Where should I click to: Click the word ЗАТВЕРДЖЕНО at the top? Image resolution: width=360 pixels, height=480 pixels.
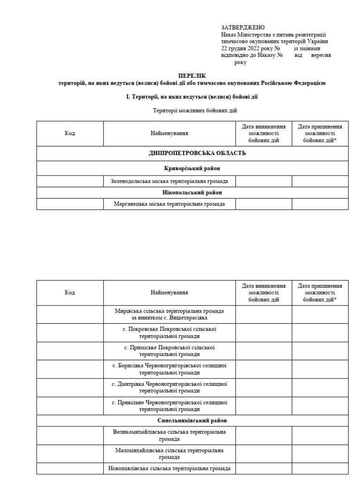[242, 28]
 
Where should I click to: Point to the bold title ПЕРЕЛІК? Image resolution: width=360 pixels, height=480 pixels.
[192, 75]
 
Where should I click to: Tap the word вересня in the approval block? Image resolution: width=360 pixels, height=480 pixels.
[321, 55]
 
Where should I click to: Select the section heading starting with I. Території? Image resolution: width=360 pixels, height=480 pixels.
[192, 97]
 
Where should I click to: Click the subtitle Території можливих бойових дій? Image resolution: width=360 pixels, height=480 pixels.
[195, 111]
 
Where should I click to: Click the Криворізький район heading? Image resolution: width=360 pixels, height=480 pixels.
[193, 168]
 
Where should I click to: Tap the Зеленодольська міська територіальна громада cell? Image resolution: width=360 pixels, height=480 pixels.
[169, 181]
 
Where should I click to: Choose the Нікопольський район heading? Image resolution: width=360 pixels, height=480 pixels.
[193, 193]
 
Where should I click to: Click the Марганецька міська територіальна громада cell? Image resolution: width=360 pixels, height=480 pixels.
[169, 204]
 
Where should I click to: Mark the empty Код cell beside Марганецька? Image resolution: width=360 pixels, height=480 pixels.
[70, 204]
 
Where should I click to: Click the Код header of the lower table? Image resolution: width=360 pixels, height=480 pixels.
[70, 292]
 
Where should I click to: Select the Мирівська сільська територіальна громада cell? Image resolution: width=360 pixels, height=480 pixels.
[169, 315]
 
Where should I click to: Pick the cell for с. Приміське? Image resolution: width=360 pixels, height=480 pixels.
[169, 351]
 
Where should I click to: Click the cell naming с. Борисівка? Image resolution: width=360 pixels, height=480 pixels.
[169, 369]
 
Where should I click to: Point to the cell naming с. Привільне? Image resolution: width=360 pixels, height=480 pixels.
[169, 406]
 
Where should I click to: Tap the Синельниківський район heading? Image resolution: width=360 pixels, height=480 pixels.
[193, 420]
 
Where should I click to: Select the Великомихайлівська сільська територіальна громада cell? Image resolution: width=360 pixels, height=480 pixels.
[169, 435]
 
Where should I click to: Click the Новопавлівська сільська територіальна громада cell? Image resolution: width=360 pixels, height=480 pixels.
[169, 468]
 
